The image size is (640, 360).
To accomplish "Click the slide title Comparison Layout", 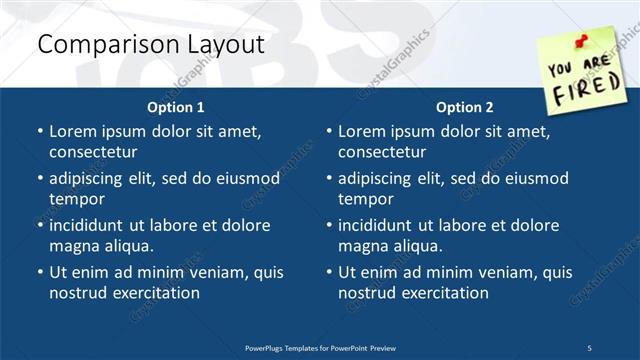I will point(150,45).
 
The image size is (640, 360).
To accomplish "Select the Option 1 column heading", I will point(176,107).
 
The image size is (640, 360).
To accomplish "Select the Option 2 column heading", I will point(465,107).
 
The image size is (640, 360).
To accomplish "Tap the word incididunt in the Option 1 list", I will point(91,225).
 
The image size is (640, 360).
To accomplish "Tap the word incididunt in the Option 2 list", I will point(380,225).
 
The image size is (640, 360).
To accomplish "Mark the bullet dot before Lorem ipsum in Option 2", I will point(329,131).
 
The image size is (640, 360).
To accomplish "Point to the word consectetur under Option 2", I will point(385,152).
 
